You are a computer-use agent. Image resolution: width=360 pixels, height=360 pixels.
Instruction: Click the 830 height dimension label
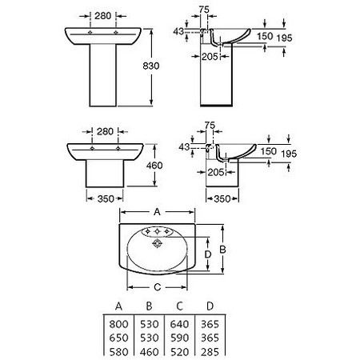click(x=151, y=66)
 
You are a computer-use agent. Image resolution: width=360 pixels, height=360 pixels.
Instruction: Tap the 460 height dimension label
click(x=154, y=166)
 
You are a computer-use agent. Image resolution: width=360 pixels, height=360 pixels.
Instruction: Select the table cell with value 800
click(x=118, y=324)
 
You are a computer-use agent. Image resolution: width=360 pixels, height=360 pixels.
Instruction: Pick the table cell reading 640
click(x=179, y=324)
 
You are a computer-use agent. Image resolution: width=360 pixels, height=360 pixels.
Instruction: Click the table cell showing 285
click(x=210, y=352)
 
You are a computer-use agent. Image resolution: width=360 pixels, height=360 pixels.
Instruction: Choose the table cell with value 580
click(x=118, y=352)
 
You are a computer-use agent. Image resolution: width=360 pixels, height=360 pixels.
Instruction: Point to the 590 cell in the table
click(x=179, y=338)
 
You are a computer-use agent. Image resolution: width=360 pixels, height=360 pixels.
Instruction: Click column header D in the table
click(x=210, y=306)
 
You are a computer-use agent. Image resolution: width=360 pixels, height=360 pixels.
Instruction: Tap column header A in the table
click(x=118, y=306)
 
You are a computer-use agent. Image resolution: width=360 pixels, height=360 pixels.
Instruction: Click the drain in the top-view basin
click(x=157, y=243)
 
